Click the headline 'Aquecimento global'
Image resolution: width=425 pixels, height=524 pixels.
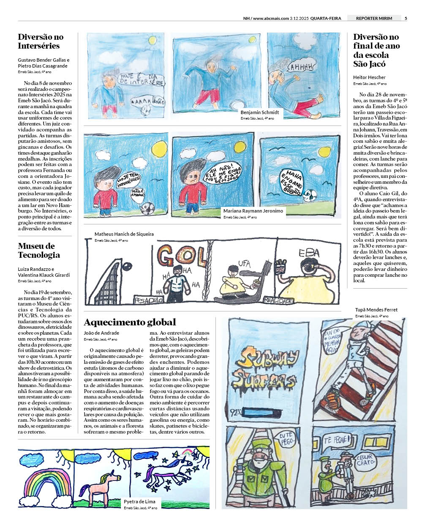(x=130, y=322)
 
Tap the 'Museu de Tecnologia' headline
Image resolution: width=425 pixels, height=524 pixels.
(x=39, y=250)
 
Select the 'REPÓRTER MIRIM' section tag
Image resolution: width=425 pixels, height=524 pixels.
(x=373, y=18)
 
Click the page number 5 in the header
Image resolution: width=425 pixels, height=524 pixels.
(x=406, y=18)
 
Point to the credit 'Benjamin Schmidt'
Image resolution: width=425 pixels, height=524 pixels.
(x=259, y=112)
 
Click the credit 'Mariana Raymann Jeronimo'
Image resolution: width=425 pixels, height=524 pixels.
(x=253, y=210)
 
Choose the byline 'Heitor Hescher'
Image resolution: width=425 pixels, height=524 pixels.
(x=369, y=77)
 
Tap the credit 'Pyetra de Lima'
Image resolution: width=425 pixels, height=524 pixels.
(x=139, y=502)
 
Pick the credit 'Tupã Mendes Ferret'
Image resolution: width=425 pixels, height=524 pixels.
(x=376, y=310)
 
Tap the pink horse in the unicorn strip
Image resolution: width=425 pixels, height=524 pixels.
(x=102, y=484)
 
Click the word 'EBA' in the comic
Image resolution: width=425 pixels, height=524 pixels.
(x=309, y=253)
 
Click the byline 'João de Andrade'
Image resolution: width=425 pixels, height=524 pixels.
(x=101, y=333)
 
